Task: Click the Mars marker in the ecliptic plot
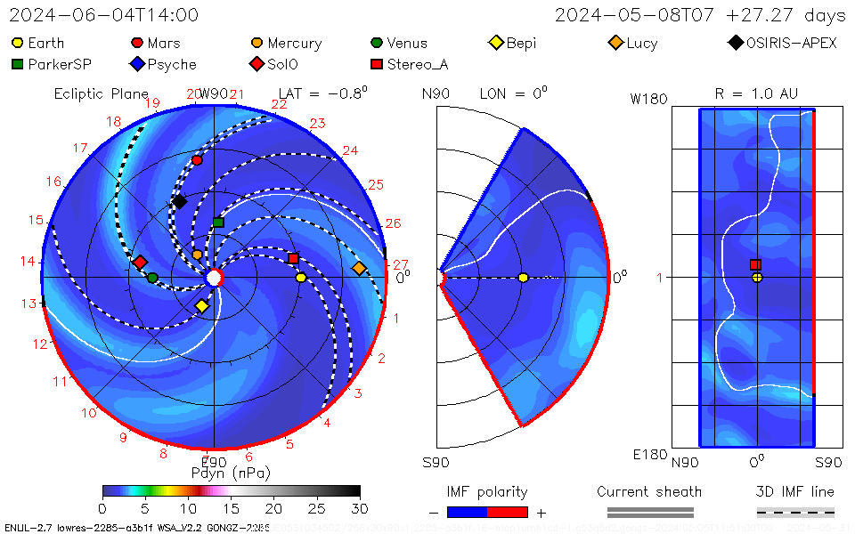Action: [197, 160]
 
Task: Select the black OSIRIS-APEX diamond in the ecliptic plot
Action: [179, 202]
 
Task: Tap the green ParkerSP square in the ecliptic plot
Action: [218, 222]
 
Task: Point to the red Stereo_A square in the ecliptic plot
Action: [293, 258]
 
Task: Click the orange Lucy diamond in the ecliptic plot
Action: [359, 268]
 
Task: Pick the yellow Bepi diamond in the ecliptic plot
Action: [202, 306]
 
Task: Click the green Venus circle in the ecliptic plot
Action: [152, 278]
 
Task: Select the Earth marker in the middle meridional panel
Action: [523, 278]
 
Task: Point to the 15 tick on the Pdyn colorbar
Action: [231, 508]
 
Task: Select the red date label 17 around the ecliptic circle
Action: [81, 149]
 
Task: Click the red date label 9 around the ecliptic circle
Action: [123, 437]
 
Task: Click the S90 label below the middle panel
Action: [436, 462]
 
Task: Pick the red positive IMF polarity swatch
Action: [508, 512]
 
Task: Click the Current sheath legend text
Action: [649, 491]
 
